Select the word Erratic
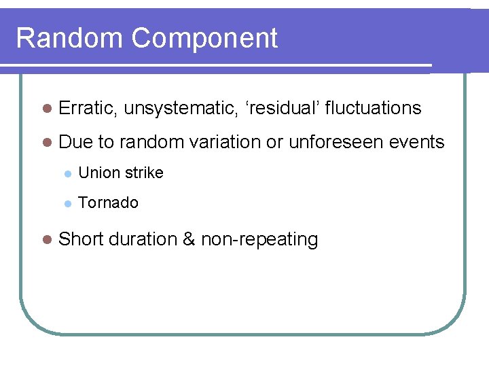(88, 108)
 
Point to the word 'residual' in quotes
(280, 108)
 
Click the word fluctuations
(374, 108)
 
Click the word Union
(97, 173)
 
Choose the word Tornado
(109, 203)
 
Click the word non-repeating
(259, 240)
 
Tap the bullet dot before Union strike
(67, 173)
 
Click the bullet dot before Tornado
(67, 203)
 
